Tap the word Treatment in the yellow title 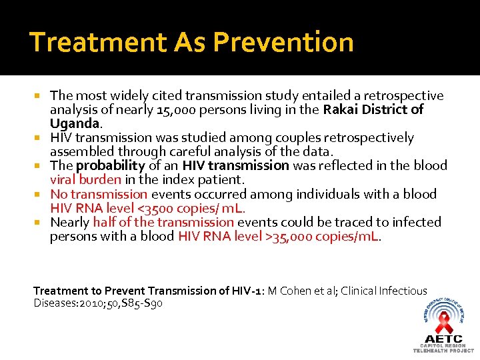point(98,42)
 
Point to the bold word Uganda point(74,123)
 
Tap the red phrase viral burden point(86,179)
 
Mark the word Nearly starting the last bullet point(70,222)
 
